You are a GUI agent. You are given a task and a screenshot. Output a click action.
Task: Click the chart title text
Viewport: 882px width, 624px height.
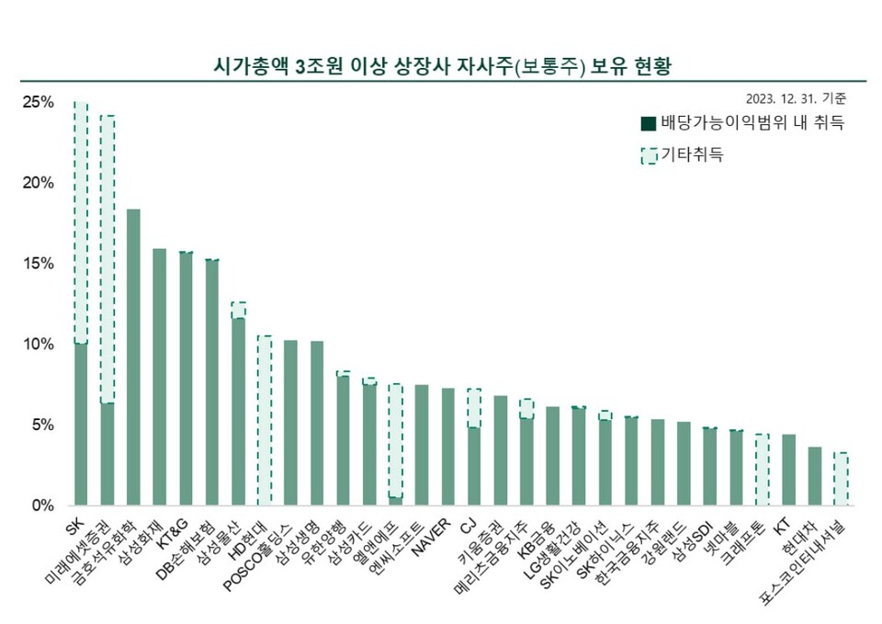[440, 66]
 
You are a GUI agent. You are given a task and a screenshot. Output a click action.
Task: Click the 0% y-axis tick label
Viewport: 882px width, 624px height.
[41, 505]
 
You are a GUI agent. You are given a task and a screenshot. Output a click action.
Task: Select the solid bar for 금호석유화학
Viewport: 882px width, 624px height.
[133, 358]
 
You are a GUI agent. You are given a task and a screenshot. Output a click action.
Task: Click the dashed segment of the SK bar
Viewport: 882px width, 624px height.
[81, 221]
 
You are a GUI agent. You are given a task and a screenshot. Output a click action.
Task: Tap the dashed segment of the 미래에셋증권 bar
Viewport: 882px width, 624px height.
[107, 257]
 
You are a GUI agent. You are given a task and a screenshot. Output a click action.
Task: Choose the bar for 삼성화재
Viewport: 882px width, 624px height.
[160, 377]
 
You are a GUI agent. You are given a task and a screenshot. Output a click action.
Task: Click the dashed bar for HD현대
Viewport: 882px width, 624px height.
[265, 420]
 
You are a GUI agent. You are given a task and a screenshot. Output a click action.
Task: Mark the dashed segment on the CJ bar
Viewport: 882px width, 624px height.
[474, 408]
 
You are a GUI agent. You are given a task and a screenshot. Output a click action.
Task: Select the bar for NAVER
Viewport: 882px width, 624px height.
[447, 447]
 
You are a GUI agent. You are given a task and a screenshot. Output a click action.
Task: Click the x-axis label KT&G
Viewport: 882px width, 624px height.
[175, 536]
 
